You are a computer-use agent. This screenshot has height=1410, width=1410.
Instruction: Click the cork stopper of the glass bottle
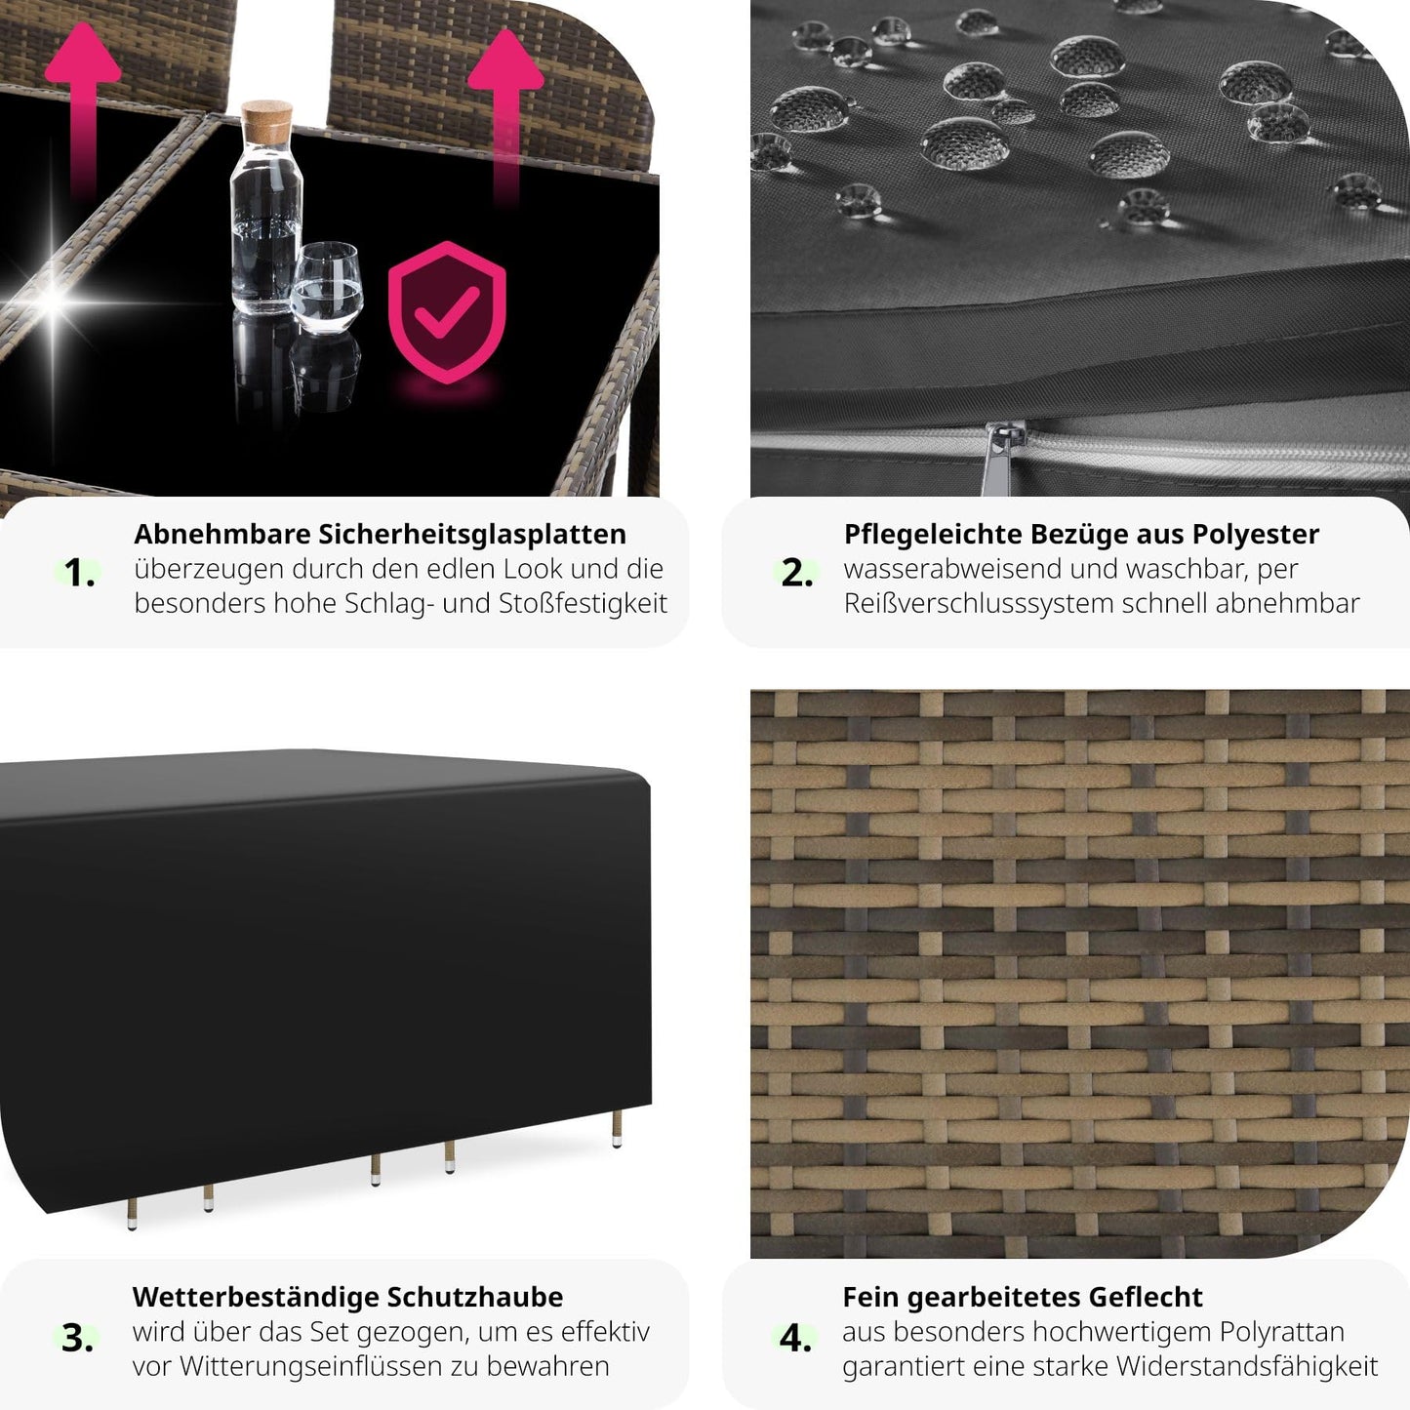(x=265, y=121)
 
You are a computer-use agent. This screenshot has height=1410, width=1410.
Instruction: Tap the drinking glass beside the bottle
(x=326, y=288)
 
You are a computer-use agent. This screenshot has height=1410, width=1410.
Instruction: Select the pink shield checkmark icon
(x=446, y=312)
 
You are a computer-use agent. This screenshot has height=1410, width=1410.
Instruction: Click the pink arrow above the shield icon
(x=505, y=117)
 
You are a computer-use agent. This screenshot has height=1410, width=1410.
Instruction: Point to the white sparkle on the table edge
(x=53, y=302)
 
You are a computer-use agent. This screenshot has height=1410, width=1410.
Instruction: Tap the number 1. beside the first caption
(x=79, y=573)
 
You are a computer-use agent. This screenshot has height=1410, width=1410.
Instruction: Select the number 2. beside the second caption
(x=797, y=573)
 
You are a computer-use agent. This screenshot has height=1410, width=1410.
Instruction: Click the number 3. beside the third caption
(x=77, y=1338)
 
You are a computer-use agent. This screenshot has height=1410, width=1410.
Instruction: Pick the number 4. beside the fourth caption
(x=795, y=1338)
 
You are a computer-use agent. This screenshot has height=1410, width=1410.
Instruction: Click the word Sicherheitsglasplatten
(x=472, y=535)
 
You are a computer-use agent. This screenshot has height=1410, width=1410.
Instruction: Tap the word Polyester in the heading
(x=1255, y=535)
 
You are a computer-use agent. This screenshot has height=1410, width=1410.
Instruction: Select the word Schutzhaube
(x=475, y=1298)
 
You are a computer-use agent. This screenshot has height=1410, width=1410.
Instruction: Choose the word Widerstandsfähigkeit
(x=1247, y=1367)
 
